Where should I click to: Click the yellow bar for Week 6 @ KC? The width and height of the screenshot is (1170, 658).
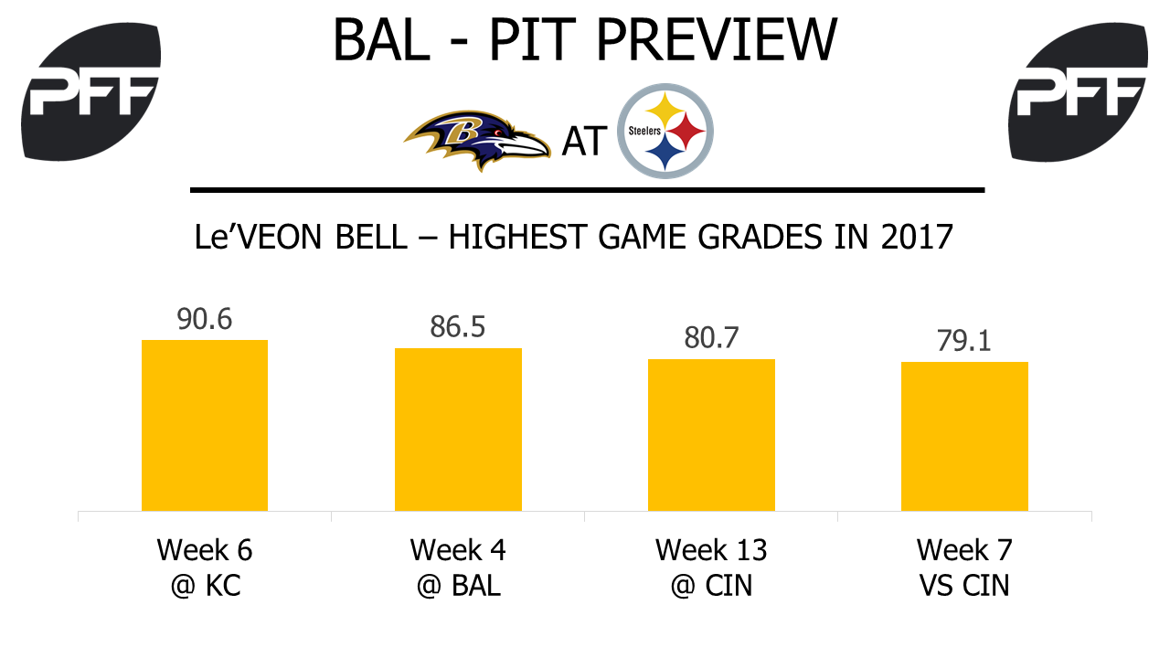205,425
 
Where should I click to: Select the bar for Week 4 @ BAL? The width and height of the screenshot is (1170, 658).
458,430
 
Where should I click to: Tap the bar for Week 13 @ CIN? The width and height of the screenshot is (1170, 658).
711,435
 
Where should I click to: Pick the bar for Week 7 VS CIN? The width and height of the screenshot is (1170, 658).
964,436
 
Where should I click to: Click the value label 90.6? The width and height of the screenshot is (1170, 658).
204,319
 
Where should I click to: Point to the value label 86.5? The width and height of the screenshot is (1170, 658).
458,327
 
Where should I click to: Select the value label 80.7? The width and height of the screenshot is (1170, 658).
711,338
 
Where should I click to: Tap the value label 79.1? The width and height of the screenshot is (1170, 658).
964,341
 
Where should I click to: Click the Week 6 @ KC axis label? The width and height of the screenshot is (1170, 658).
205,568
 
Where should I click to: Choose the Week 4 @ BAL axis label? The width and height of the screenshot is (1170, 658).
458,568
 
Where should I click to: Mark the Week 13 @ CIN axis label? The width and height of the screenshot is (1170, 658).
711,568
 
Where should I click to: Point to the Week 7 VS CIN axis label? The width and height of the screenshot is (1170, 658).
964,568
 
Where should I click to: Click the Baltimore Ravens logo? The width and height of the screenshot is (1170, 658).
477,139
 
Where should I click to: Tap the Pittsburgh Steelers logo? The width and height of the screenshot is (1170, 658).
665,131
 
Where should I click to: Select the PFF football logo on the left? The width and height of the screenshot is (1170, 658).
90,92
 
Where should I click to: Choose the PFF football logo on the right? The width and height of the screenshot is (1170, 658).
1078,92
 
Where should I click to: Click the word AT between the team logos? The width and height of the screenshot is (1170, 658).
584,141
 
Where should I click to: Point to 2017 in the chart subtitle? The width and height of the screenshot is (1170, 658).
917,237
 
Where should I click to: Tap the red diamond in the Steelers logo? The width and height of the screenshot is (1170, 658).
686,131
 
